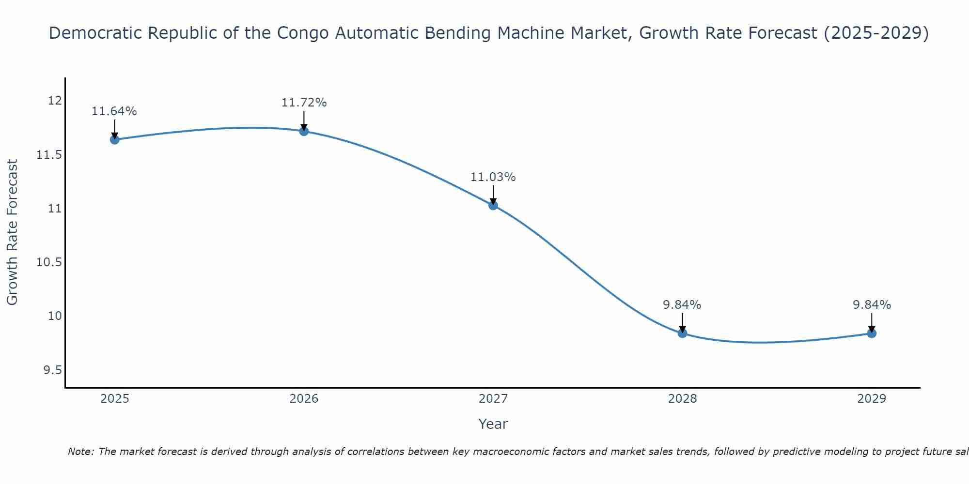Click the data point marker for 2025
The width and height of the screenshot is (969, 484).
click(115, 140)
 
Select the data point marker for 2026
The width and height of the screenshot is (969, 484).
click(304, 131)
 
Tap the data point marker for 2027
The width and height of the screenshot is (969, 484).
click(493, 205)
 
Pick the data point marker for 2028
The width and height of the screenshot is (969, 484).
click(682, 333)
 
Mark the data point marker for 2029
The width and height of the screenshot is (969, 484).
click(872, 333)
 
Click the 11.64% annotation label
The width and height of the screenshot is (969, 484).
click(114, 111)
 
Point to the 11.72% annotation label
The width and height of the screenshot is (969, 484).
click(304, 103)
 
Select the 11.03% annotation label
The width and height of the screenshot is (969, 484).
click(493, 177)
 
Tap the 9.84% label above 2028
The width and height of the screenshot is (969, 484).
click(682, 305)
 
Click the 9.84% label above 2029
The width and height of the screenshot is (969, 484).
click(872, 305)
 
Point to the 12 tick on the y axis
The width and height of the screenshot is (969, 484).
click(55, 101)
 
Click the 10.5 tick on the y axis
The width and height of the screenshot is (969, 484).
click(50, 262)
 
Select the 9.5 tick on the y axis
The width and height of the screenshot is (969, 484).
click(53, 370)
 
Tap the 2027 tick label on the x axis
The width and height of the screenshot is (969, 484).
click(493, 399)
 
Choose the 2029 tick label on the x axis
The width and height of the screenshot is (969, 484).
click(872, 399)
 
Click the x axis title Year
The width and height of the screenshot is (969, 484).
click(493, 424)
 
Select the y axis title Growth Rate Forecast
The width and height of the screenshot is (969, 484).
click(13, 232)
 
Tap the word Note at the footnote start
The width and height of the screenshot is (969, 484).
click(81, 452)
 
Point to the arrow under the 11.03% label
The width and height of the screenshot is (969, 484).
click(493, 195)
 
